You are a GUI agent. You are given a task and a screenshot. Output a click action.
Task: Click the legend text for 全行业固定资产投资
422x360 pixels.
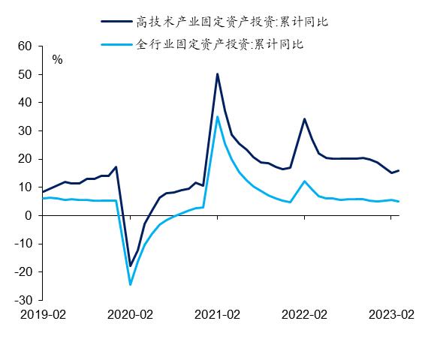[220, 45]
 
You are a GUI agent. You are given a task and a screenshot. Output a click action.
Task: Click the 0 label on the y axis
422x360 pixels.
[28, 216]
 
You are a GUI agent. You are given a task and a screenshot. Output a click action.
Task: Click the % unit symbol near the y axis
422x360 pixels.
[57, 58]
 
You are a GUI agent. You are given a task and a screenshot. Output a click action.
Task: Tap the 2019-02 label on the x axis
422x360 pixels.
[43, 315]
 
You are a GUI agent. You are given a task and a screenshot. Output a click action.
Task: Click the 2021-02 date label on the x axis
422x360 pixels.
[218, 315]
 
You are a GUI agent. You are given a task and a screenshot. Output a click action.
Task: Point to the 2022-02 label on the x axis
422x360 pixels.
[305, 315]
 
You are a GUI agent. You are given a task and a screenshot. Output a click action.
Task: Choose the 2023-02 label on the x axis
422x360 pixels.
[390, 315]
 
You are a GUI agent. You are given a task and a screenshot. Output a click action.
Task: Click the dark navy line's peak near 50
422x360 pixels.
[217, 74]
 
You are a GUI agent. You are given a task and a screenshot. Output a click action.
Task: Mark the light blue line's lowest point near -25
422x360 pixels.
[130, 284]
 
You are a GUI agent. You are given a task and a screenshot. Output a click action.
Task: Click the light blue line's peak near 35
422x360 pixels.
[217, 116]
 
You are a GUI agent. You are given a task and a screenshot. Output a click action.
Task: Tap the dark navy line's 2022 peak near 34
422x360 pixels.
[304, 118]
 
